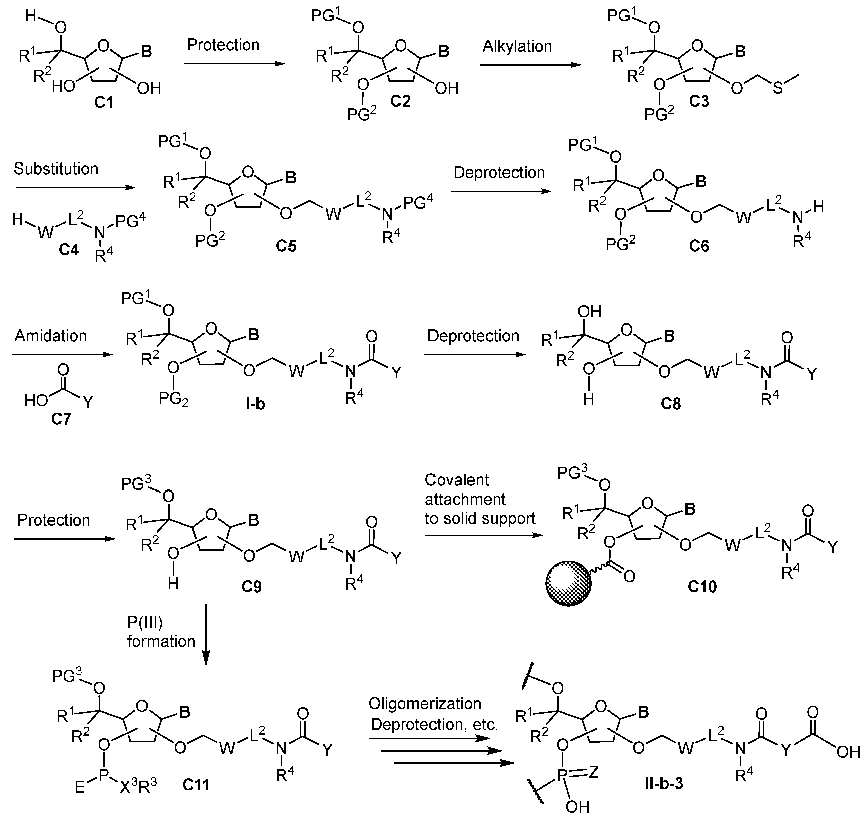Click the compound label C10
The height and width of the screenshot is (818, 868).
[x=702, y=586]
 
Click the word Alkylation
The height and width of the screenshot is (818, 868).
[x=517, y=46]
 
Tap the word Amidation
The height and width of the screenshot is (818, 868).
[x=51, y=335]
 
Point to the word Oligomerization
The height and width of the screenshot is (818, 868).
[x=425, y=704]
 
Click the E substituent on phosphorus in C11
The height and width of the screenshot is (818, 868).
[x=80, y=789]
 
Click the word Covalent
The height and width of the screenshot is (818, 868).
[x=457, y=480]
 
